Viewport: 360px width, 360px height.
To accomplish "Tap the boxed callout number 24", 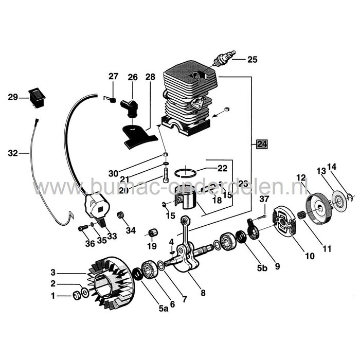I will pos(262,144).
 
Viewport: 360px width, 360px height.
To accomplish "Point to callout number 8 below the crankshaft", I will pos(203,294).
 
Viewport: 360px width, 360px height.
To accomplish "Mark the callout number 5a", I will pos(163,309).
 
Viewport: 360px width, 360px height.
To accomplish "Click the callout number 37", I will pos(264,200).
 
